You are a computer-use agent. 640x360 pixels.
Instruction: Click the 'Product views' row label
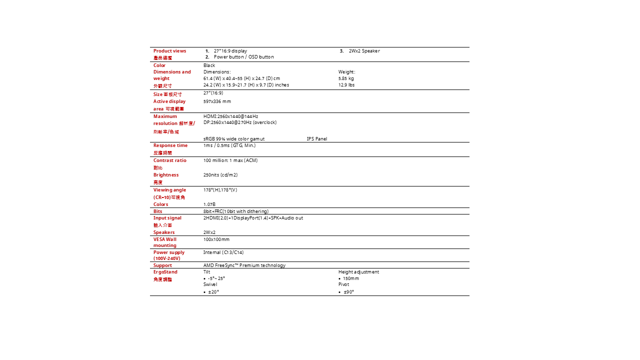point(169,51)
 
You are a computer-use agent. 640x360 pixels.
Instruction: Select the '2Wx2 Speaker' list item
point(364,51)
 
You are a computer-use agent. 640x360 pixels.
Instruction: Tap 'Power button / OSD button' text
point(243,57)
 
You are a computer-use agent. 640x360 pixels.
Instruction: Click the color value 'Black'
point(209,65)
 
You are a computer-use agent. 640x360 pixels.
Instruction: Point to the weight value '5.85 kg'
point(346,78)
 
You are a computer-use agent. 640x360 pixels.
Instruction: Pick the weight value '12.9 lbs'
point(346,85)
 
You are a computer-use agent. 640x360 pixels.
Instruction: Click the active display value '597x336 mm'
point(217,101)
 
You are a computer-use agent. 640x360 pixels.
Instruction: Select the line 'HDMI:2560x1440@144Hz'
point(230,116)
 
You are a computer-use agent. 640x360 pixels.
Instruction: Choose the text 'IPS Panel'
point(316,139)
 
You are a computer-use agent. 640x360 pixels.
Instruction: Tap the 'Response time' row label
point(170,145)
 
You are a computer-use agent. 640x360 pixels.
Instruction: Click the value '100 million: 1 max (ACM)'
point(230,160)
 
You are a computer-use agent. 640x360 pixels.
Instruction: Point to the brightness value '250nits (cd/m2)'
point(220,175)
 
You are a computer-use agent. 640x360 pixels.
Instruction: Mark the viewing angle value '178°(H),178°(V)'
point(220,190)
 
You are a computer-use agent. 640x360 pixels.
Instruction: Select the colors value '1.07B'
point(209,204)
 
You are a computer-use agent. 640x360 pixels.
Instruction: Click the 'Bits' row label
point(157,211)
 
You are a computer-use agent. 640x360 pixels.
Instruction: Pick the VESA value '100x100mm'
point(216,239)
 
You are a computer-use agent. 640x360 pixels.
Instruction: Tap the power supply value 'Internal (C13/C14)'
point(223,252)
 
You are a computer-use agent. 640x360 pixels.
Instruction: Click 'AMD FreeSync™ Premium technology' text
point(244,265)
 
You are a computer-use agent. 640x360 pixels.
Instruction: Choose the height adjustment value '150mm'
point(350,278)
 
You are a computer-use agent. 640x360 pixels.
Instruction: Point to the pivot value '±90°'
point(348,292)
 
